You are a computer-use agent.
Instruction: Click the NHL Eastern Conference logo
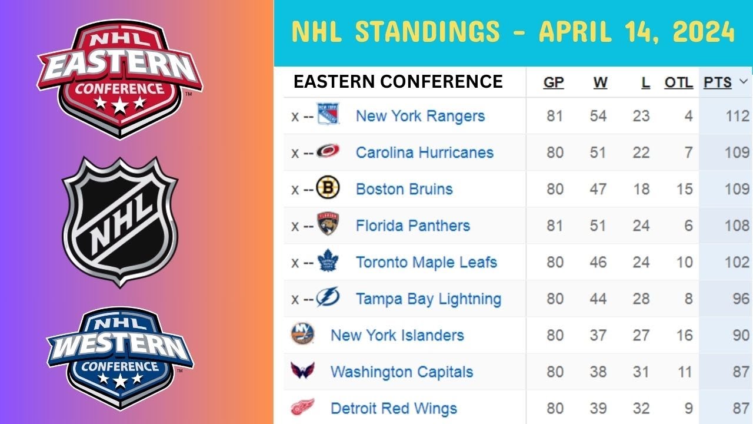[120, 79]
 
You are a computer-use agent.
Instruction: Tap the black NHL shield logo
[120, 222]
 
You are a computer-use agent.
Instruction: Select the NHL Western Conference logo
[120, 359]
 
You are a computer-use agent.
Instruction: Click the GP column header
[554, 82]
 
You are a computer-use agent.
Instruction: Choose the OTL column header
[679, 82]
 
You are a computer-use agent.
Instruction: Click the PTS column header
[718, 82]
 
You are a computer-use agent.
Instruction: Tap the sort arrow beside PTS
[744, 81]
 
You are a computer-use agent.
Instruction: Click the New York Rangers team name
[420, 116]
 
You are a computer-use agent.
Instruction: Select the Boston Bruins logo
[328, 187]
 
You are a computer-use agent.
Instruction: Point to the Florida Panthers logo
[328, 223]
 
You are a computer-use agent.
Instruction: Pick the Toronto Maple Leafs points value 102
[737, 262]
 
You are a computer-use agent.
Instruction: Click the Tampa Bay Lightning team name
[429, 299]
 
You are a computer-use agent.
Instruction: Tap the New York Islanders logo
[302, 333]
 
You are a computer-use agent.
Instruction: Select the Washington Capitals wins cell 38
[598, 372]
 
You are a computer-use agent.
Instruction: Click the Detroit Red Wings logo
[302, 407]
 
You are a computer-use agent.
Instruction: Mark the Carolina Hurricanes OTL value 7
[688, 153]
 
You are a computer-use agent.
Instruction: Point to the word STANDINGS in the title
[428, 31]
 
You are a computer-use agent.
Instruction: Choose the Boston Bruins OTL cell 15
[684, 189]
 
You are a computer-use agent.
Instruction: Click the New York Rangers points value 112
[738, 116]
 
